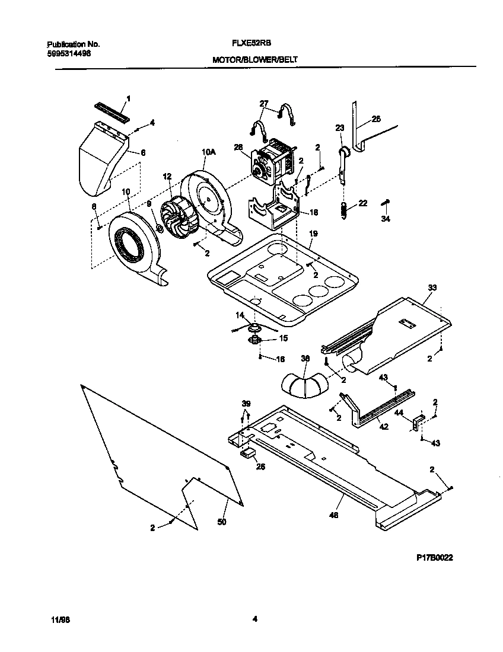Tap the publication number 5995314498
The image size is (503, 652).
[x=69, y=53]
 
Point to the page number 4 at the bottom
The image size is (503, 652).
[x=254, y=619]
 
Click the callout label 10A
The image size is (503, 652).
[x=208, y=152]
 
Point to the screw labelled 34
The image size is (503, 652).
[x=386, y=203]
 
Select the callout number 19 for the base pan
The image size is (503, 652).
[x=311, y=234]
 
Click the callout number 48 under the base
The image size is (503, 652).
[x=333, y=516]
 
